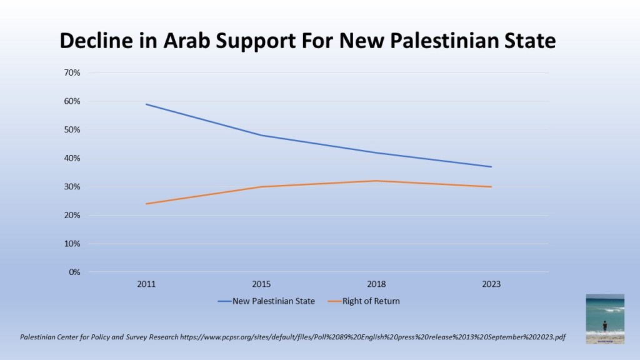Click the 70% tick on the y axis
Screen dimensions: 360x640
pyautogui.click(x=72, y=72)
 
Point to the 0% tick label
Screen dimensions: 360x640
pyautogui.click(x=74, y=272)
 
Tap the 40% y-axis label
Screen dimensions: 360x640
pyautogui.click(x=72, y=158)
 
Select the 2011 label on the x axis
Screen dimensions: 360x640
pyautogui.click(x=146, y=284)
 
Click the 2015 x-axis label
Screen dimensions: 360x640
pyautogui.click(x=261, y=284)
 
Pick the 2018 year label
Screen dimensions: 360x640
pyautogui.click(x=376, y=284)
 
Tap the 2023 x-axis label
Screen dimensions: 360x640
pyautogui.click(x=491, y=284)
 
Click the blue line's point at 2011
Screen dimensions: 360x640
pyautogui.click(x=146, y=104)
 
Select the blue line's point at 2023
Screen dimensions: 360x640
pyautogui.click(x=491, y=167)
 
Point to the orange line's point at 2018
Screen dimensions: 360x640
pyautogui.click(x=376, y=181)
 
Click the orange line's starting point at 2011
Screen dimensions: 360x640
pyautogui.click(x=146, y=204)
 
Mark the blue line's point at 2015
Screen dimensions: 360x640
pyautogui.click(x=261, y=135)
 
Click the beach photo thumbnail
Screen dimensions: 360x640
pyautogui.click(x=605, y=319)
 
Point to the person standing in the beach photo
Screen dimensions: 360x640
pyautogui.click(x=604, y=326)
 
